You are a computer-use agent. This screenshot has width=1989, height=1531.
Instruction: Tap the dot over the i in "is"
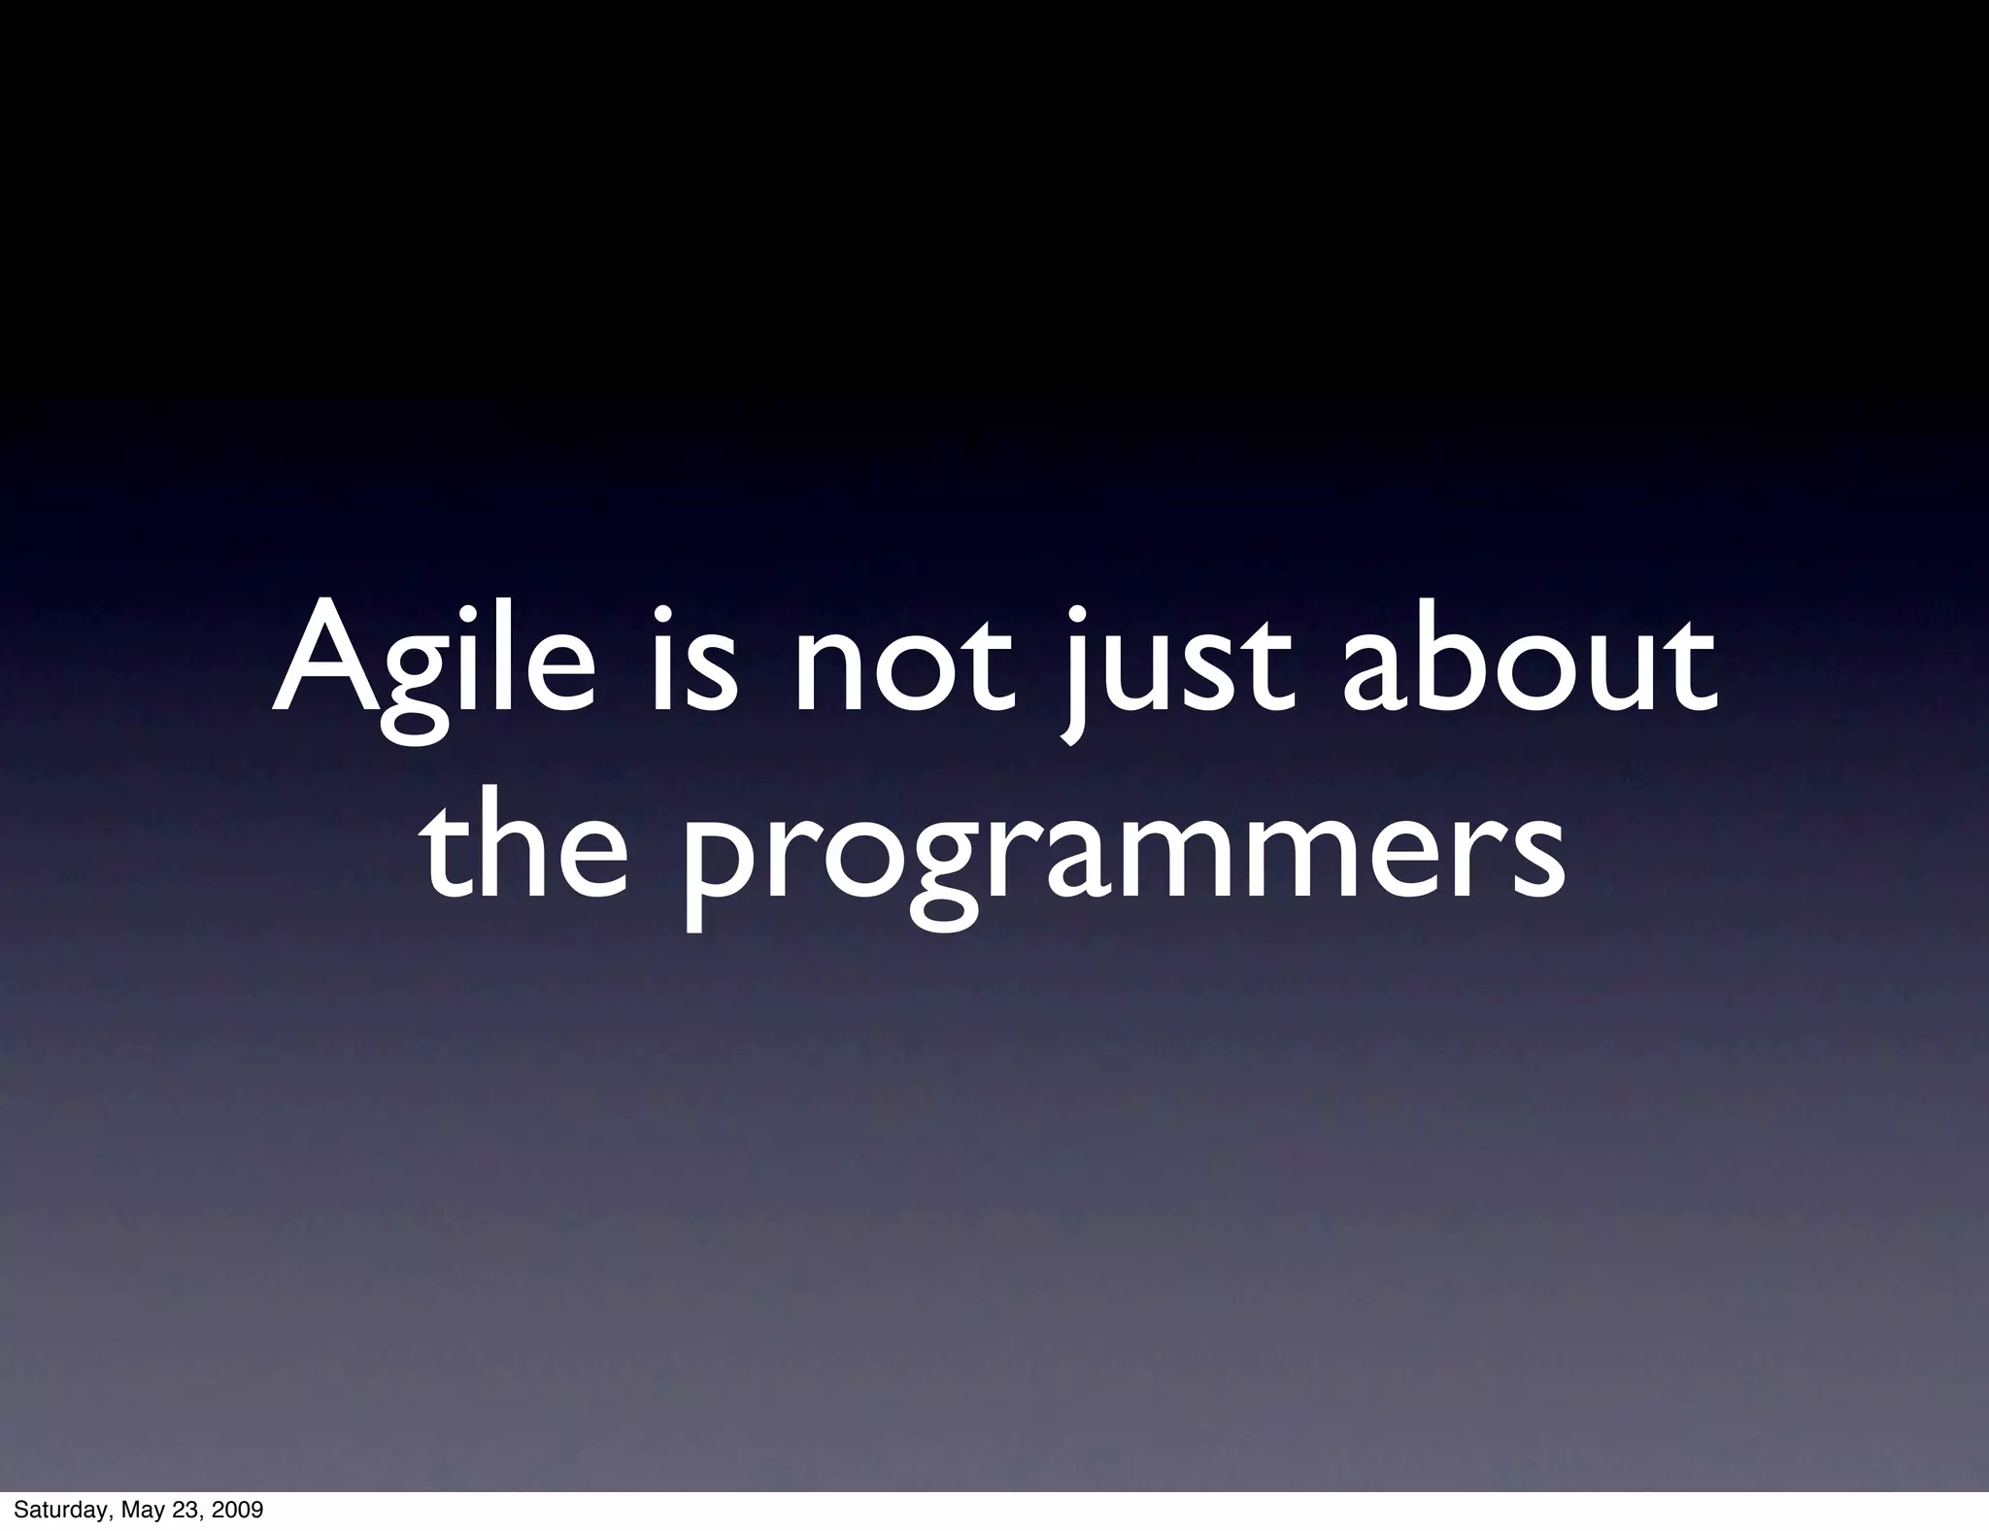663,615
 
